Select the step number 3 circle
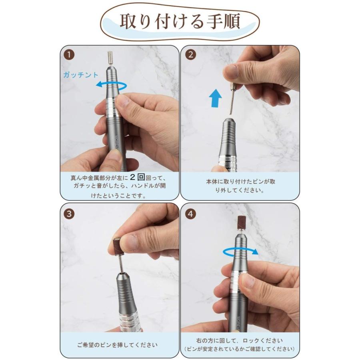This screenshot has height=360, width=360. click(x=70, y=214)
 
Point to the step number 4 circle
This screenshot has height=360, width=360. click(x=191, y=214)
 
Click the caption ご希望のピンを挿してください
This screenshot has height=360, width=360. click(x=117, y=344)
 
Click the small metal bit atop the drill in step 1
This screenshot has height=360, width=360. click(x=111, y=59)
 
